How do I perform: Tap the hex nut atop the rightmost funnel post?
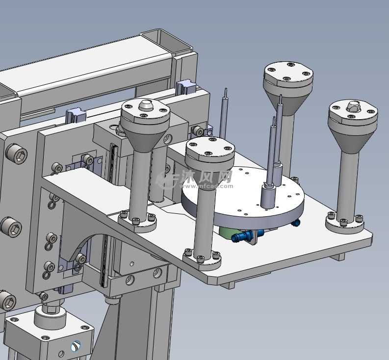coord(353,105)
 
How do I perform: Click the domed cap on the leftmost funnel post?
coord(145,104)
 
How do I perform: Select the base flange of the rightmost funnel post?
coord(345,224)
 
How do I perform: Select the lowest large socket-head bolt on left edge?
coord(7,300)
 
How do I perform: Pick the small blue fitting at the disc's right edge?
coord(295,223)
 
